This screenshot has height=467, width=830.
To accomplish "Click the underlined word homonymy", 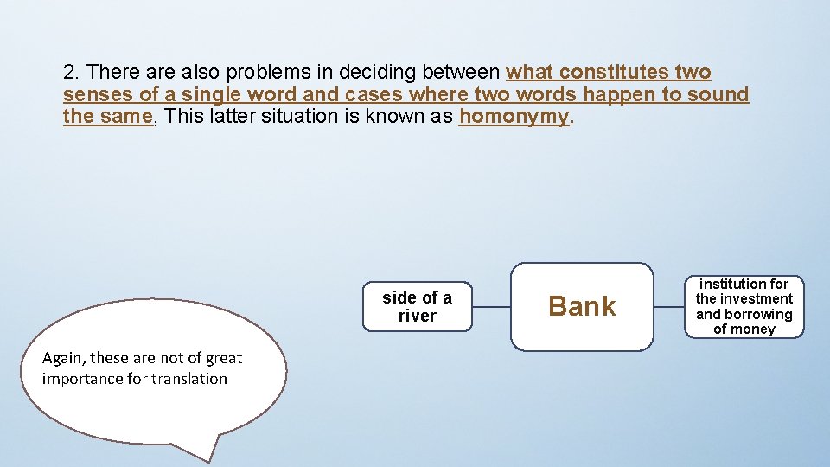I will pos(514,116).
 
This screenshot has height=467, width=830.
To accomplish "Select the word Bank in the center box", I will pos(582,306).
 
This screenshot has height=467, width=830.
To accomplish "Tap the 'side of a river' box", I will pos(417,306).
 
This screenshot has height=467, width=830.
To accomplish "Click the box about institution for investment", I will pos(744,306).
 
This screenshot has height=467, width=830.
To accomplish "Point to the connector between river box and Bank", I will pos(491,306).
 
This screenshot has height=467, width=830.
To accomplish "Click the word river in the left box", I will pos(417,317).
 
